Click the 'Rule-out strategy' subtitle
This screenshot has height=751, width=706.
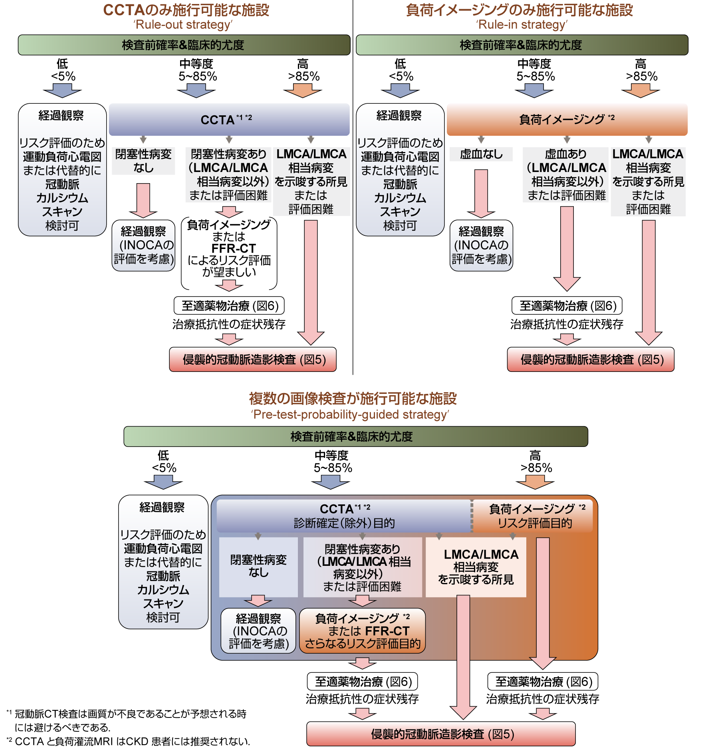[183, 25]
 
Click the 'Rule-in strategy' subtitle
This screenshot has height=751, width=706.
[522, 25]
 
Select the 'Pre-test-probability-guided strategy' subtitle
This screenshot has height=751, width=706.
[350, 415]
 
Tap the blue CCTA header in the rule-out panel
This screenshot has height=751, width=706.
[229, 119]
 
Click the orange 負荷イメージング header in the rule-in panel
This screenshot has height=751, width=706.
[567, 119]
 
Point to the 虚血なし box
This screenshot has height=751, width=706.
[481, 154]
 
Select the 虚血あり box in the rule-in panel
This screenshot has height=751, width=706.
[566, 174]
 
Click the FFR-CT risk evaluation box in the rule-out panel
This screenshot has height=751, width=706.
[229, 249]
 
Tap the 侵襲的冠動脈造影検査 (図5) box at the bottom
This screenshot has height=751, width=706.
[441, 734]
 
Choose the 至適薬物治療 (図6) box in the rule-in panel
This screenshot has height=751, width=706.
[567, 306]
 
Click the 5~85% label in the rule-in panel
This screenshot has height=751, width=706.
[535, 76]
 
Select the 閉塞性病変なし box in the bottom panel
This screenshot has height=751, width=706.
[258, 566]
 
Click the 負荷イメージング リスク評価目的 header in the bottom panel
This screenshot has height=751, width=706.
[534, 516]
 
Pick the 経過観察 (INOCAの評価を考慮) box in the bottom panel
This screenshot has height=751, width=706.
[258, 631]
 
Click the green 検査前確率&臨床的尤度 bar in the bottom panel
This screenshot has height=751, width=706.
[355, 437]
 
